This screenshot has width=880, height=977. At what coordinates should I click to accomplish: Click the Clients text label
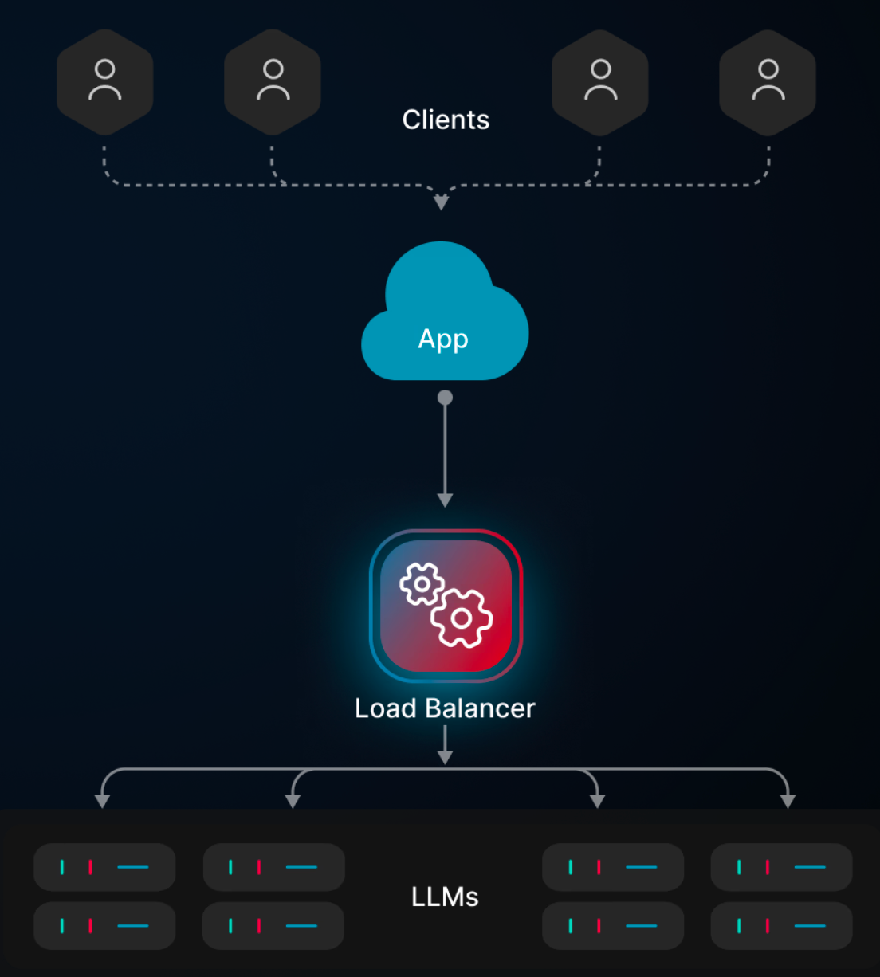click(446, 120)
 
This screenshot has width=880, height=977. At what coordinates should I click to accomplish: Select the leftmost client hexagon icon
click(104, 81)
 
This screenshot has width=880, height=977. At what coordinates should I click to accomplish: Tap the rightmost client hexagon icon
click(768, 81)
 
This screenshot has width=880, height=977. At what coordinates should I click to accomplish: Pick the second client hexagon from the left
click(273, 81)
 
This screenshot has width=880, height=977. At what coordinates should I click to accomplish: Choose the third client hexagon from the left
click(600, 81)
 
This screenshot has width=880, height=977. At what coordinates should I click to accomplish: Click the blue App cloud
click(444, 319)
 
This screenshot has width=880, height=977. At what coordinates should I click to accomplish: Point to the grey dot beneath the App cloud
click(445, 398)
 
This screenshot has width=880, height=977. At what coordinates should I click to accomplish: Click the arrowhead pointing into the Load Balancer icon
click(445, 500)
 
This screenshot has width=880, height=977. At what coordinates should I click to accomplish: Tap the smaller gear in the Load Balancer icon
click(422, 584)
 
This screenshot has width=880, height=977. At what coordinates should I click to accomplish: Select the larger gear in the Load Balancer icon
click(462, 618)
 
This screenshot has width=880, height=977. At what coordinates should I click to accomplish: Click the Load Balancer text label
click(445, 708)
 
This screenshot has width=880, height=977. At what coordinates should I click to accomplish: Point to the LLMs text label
click(445, 897)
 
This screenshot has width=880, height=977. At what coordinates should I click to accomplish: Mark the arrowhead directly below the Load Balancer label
click(445, 757)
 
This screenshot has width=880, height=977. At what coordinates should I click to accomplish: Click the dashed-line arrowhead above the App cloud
click(441, 203)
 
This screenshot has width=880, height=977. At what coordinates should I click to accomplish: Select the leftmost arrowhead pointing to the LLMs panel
click(102, 801)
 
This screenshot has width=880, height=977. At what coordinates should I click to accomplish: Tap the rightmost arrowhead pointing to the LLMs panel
click(788, 801)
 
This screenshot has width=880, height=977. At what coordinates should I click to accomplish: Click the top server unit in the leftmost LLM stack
click(104, 867)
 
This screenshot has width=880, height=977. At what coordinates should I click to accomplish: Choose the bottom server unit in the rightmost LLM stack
click(781, 926)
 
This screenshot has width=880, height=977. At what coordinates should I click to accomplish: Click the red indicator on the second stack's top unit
click(259, 867)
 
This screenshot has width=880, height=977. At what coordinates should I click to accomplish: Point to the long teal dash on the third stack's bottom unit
click(642, 926)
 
